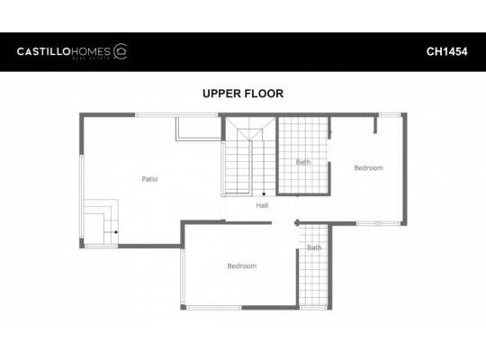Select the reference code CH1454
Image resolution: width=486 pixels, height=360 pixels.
445,51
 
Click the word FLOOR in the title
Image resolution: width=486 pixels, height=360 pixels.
265,94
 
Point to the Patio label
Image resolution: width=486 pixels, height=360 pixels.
149,179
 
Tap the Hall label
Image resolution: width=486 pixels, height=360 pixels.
262,206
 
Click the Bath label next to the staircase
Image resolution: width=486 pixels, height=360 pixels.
303,162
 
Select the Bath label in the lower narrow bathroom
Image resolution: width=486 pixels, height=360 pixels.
314,247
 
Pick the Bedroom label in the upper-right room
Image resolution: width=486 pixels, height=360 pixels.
368,168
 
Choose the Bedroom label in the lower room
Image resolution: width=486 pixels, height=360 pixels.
241,266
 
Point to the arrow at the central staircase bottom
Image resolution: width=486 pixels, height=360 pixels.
263,193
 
